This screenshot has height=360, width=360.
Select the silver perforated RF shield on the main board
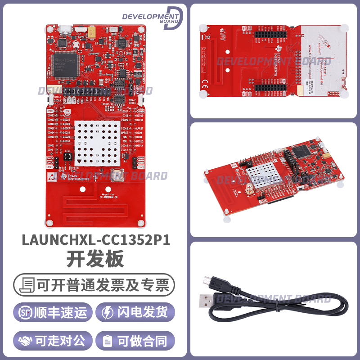pyautogui.click(x=95, y=140)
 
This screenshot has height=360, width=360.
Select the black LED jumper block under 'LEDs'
pyautogui.click(x=67, y=157)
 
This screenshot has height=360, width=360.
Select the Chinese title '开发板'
pyautogui.click(x=95, y=260)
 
